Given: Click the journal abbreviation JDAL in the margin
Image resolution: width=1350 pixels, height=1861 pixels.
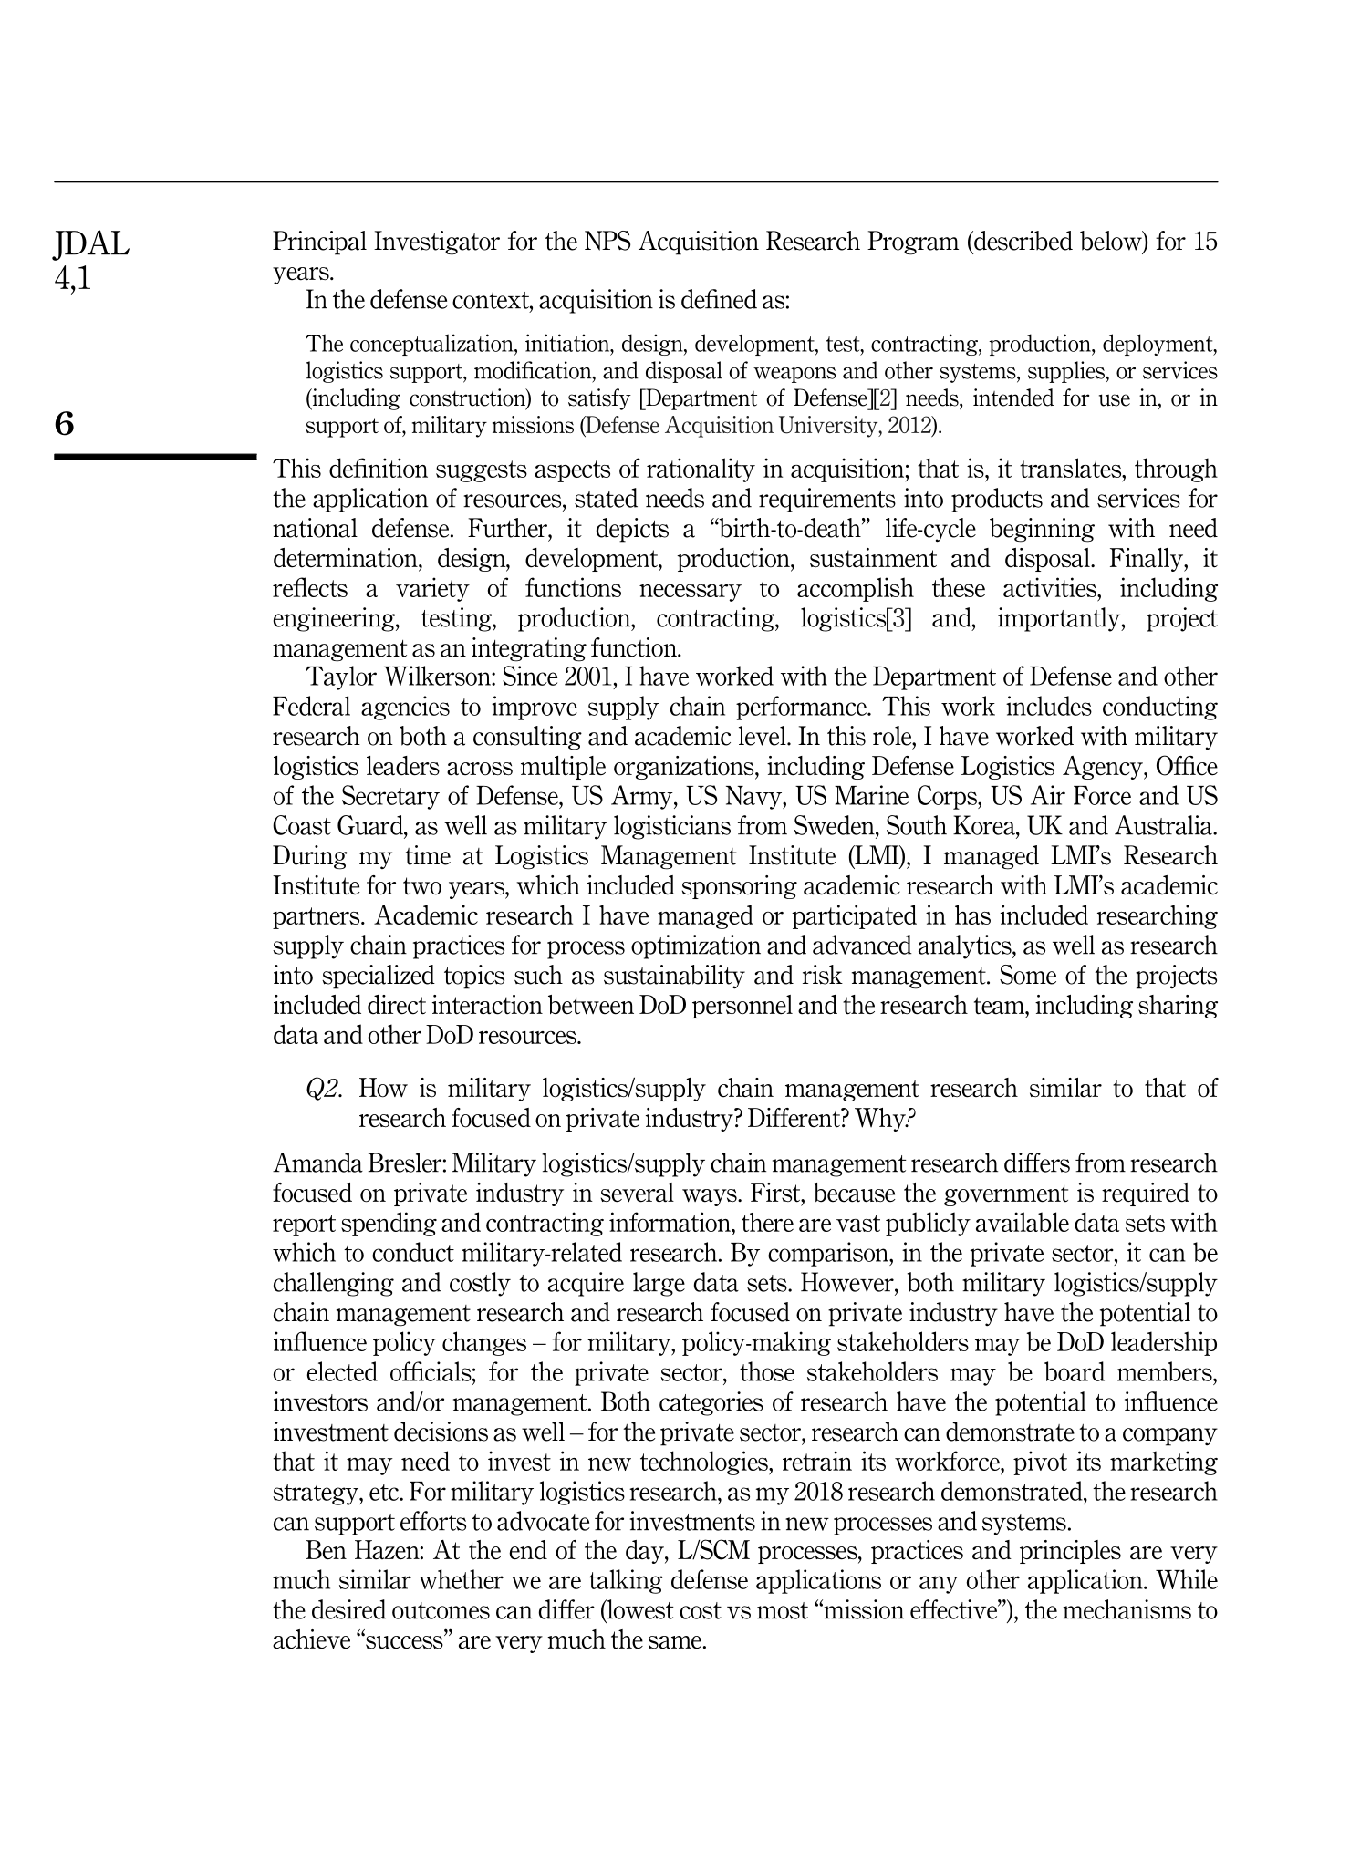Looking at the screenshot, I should click(92, 244).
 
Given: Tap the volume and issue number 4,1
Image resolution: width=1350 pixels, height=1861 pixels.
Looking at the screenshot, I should click(74, 278).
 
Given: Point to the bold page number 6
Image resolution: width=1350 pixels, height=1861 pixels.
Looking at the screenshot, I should click(65, 424).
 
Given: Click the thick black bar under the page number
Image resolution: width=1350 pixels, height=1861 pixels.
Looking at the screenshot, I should click(155, 456).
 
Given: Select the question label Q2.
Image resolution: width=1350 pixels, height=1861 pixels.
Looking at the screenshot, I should click(324, 1089).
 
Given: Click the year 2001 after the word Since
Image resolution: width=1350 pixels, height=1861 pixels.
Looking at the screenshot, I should click(590, 677).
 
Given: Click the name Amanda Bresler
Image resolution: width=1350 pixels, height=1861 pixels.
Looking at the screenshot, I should click(358, 1164).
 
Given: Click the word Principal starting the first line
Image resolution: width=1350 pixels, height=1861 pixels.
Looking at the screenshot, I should click(318, 243).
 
